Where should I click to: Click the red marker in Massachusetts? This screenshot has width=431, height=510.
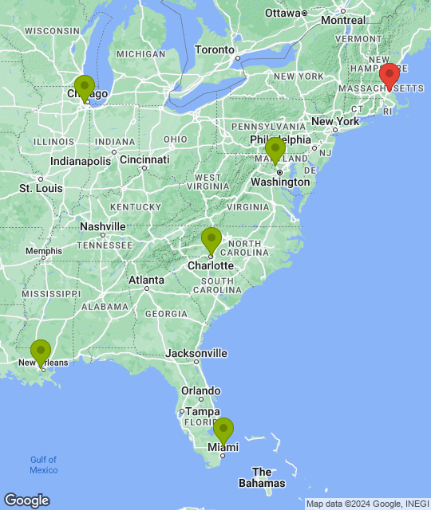pyautogui.click(x=389, y=76)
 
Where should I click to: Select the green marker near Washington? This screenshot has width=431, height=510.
pyautogui.click(x=275, y=149)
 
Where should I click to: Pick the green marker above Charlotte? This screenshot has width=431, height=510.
pyautogui.click(x=211, y=239)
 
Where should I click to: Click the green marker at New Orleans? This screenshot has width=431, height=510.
pyautogui.click(x=41, y=351)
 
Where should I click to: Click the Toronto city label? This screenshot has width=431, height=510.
pyautogui.click(x=215, y=49)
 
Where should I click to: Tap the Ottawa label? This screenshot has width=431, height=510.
pyautogui.click(x=282, y=14)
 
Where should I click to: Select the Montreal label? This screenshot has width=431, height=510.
pyautogui.click(x=343, y=20)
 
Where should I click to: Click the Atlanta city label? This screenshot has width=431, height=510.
pyautogui.click(x=147, y=280)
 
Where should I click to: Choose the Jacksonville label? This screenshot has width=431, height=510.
pyautogui.click(x=196, y=353)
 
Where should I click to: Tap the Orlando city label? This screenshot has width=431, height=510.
pyautogui.click(x=200, y=390)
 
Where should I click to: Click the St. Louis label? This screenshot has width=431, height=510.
pyautogui.click(x=36, y=189)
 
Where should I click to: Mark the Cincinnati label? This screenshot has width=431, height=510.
pyautogui.click(x=144, y=159)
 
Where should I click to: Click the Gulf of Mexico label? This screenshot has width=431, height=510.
pyautogui.click(x=44, y=465)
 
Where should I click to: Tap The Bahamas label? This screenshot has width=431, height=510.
pyautogui.click(x=262, y=477)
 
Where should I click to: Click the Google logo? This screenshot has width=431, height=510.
pyautogui.click(x=26, y=500)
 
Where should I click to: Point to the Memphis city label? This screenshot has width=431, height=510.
pyautogui.click(x=43, y=251)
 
